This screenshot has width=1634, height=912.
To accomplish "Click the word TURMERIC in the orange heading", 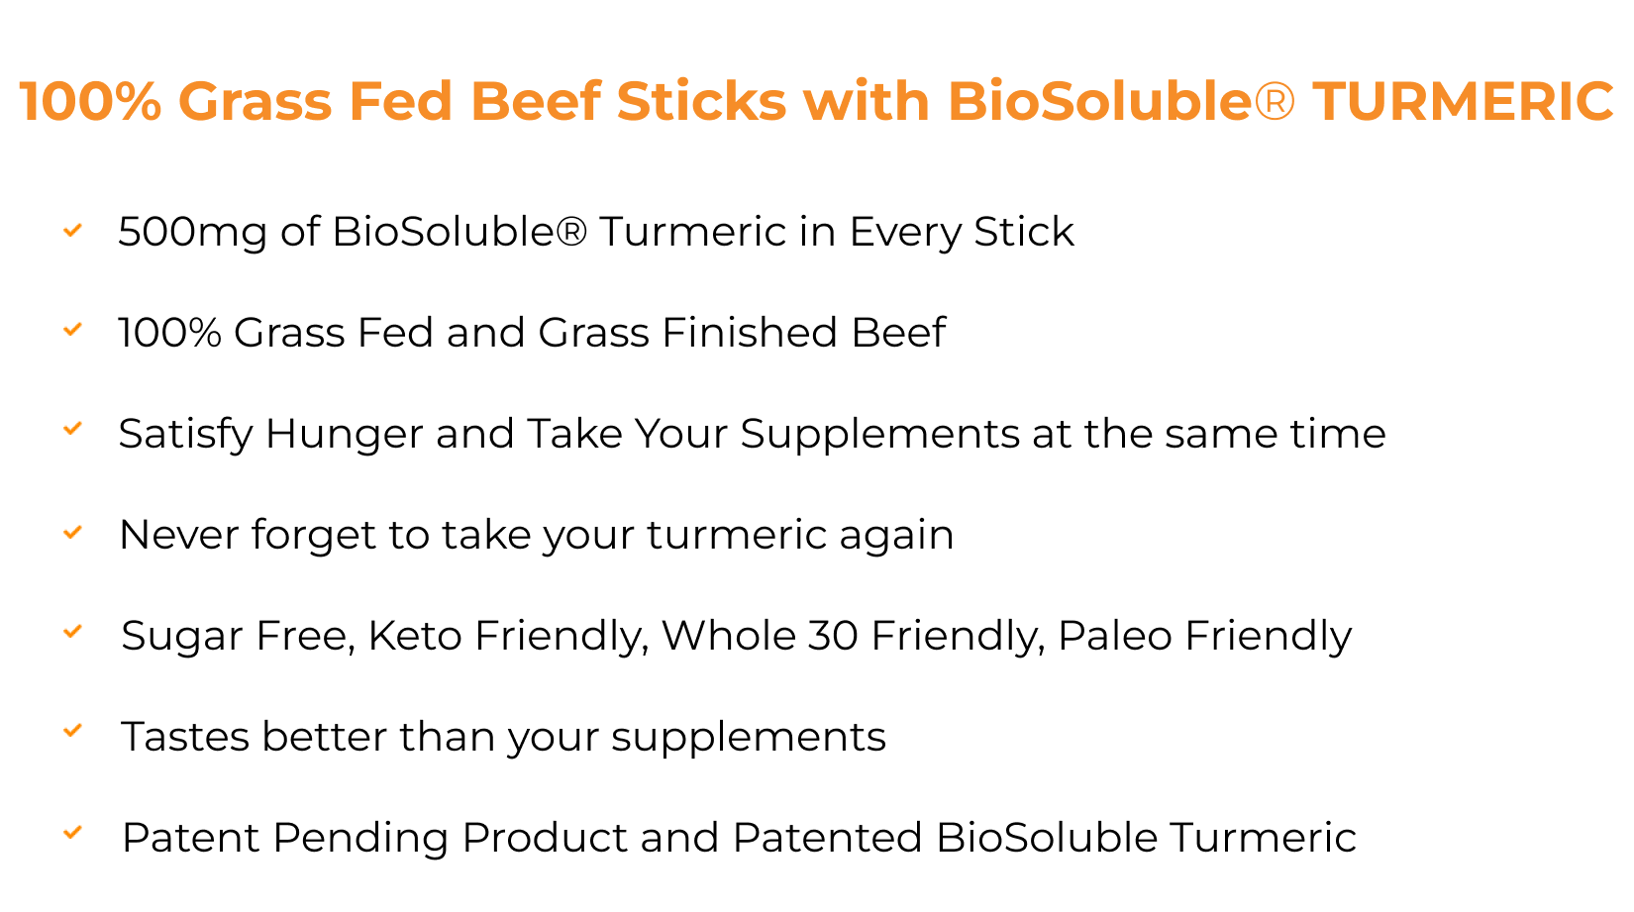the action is tap(1463, 101).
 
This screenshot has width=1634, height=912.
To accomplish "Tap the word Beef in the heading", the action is tap(536, 101).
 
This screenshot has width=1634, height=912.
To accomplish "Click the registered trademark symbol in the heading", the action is tap(1275, 101).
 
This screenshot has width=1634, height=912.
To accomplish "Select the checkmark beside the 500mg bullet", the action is tap(72, 231).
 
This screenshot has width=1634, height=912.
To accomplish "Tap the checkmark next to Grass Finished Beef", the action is tap(72, 330).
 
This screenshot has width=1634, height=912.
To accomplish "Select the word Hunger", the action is tap(345, 435).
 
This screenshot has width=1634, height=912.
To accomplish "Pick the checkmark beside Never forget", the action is tap(72, 533).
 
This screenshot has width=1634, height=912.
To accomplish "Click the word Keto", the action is tap(415, 635).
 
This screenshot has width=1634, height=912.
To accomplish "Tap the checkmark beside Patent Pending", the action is tap(72, 833).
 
